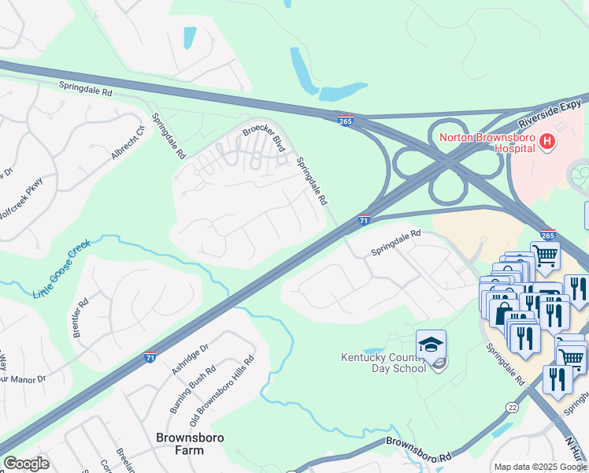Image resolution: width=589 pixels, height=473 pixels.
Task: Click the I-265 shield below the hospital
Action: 548,234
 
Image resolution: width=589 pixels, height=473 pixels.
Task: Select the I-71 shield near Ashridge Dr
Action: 150,357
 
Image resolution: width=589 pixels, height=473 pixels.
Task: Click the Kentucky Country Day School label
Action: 383,363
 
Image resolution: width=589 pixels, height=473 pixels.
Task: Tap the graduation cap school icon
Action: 431,345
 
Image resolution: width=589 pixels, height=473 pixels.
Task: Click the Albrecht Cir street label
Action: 128,142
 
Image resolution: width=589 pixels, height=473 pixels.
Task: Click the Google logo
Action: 26,464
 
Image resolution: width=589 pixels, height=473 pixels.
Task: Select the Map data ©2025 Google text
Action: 540,467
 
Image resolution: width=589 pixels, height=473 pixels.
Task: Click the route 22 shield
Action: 513,407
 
